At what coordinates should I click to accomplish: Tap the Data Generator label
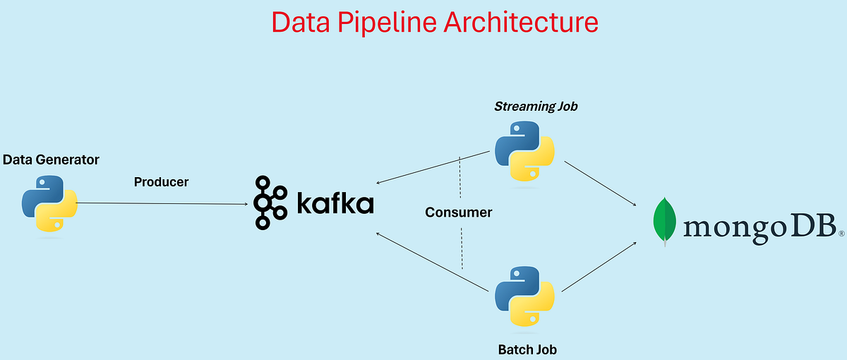(x=51, y=160)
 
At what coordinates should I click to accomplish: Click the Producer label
(x=161, y=182)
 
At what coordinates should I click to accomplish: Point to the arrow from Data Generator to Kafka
(x=162, y=203)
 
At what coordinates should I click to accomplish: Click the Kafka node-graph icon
(x=270, y=203)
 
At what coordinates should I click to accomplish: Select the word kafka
(x=334, y=203)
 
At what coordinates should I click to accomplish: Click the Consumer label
(x=458, y=212)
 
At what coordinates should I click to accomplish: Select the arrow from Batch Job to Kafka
(x=433, y=262)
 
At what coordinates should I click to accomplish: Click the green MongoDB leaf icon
(x=663, y=221)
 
